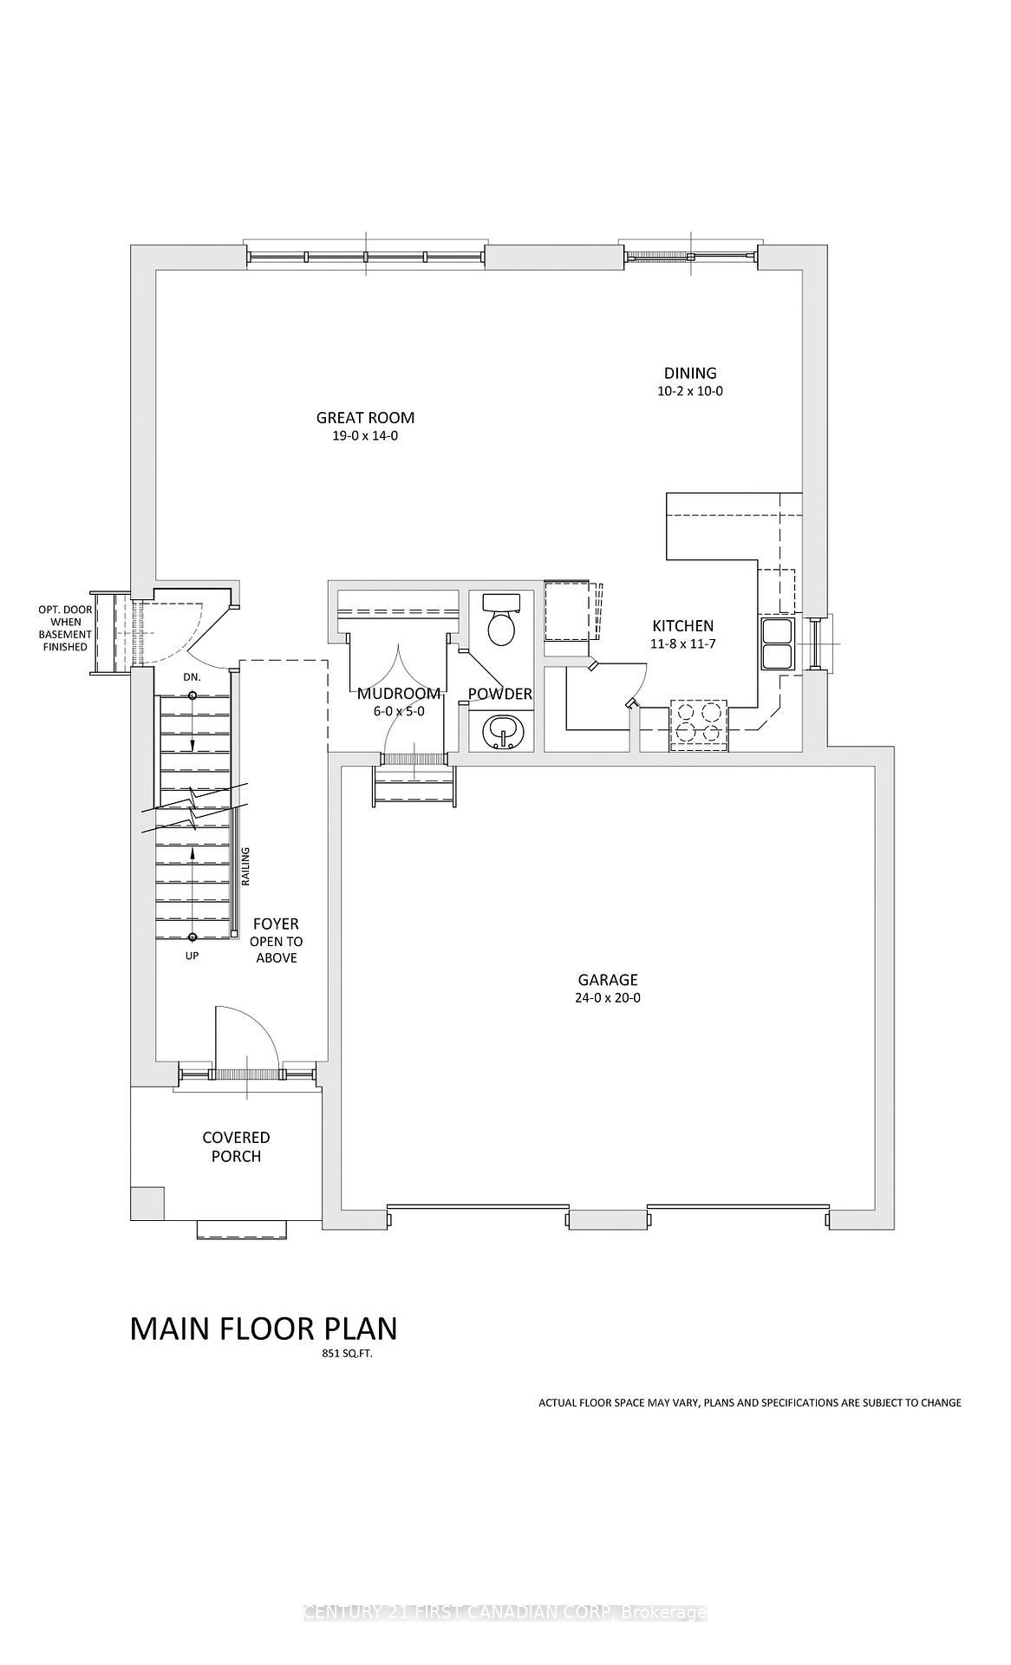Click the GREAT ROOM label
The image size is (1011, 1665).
point(365,417)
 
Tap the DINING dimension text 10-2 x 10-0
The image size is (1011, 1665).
point(690,391)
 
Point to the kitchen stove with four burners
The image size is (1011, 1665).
point(699,724)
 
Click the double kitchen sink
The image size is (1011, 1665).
point(777,643)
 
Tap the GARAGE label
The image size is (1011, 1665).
point(608,980)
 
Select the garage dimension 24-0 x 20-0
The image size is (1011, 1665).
point(608,998)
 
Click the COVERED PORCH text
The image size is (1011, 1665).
point(236,1146)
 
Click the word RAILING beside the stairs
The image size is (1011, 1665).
point(245,866)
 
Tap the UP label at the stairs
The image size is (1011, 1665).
point(192,956)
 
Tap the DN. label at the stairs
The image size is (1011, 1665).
point(192,676)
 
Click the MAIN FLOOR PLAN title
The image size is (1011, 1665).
point(264,1329)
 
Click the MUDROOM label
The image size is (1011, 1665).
point(399,694)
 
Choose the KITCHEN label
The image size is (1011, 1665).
point(683,625)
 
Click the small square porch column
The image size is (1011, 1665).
point(147,1203)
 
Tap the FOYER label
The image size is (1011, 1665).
point(276,924)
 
